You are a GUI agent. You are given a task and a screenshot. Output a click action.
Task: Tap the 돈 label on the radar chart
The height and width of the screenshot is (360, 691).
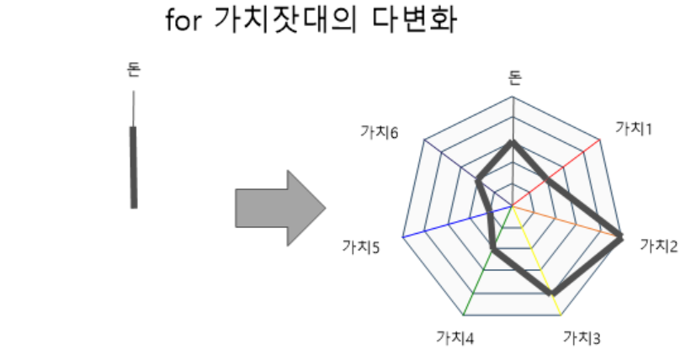tap(514, 78)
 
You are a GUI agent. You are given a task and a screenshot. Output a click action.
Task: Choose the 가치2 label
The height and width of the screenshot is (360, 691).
tap(660, 245)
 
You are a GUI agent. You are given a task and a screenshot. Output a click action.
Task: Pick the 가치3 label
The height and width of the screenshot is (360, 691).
tap(581, 338)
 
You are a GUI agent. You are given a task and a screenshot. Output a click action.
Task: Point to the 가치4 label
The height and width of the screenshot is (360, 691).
tap(454, 338)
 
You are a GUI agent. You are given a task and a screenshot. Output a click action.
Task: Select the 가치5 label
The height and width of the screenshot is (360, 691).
tap(361, 246)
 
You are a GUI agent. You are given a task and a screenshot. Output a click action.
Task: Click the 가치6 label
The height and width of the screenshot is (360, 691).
tap(379, 132)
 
